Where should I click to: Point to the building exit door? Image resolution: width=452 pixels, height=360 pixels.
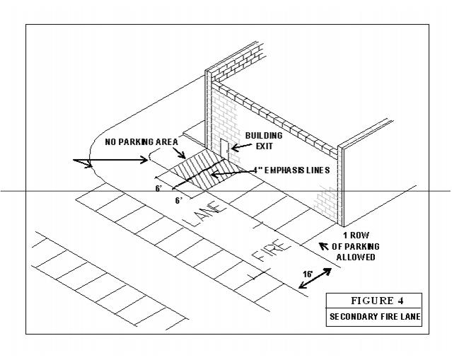pyautogui.click(x=224, y=150)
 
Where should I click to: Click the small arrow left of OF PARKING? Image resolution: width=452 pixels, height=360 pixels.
pyautogui.click(x=324, y=246)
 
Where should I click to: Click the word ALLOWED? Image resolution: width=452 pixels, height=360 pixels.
pyautogui.click(x=360, y=257)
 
